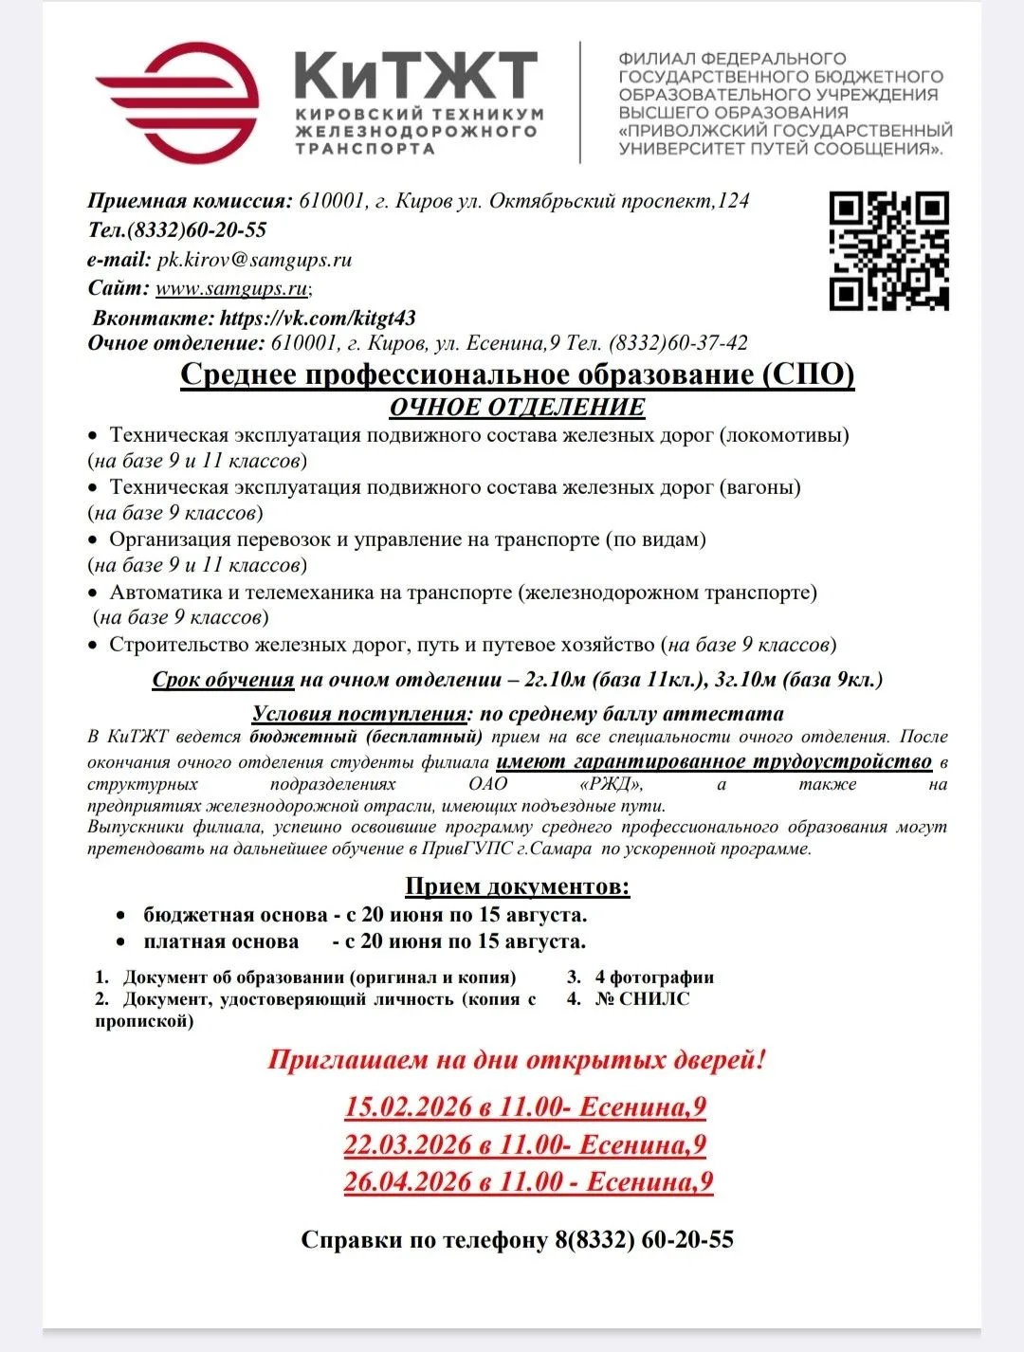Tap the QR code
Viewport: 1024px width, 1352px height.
[888, 251]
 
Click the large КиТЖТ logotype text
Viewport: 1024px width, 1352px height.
[416, 75]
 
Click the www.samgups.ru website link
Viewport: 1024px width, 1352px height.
[231, 287]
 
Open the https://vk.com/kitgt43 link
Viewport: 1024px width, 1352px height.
[318, 318]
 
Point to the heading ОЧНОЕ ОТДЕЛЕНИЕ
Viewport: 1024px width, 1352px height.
[517, 407]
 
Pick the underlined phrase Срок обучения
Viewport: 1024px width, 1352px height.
[223, 680]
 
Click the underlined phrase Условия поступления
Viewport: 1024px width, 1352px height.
[359, 714]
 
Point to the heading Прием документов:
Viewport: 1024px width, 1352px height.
[517, 886]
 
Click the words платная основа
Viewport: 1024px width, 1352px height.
[221, 941]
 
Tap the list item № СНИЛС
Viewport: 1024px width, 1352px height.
[642, 998]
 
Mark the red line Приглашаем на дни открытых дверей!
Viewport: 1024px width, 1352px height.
[516, 1059]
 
